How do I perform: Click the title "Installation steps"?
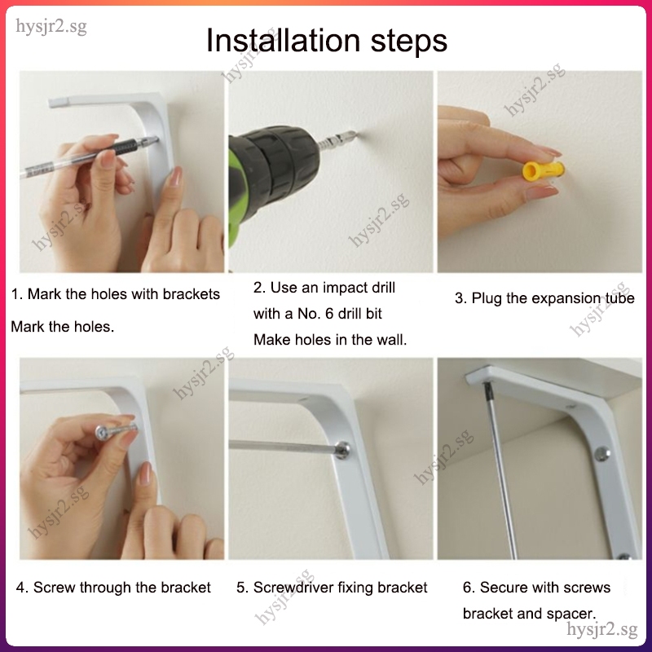(327, 41)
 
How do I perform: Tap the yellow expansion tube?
(544, 170)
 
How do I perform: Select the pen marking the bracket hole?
(90, 156)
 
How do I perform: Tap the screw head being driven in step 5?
(342, 450)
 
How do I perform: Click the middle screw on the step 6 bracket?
(601, 454)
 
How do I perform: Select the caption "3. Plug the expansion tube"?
(544, 298)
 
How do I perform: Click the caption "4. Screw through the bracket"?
(113, 587)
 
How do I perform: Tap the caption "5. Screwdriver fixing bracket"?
(332, 587)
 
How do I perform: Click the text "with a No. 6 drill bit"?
(318, 314)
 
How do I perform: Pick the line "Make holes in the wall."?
(330, 340)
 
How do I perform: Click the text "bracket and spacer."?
(529, 614)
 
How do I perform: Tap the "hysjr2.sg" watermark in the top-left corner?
(51, 27)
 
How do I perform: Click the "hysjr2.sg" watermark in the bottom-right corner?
(602, 629)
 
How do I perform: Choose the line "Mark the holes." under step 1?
(63, 327)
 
